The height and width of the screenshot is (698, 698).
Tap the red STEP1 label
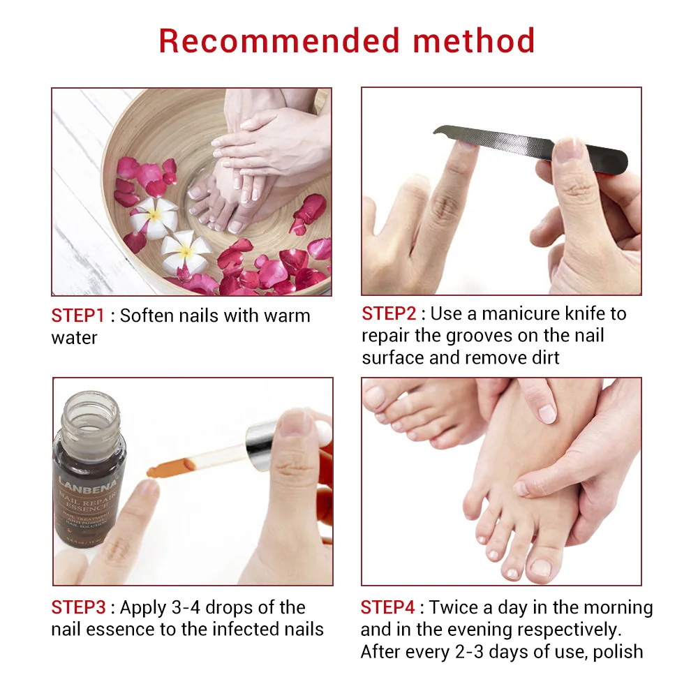pyautogui.click(x=77, y=315)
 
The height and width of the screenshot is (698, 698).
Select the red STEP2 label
pyautogui.click(x=388, y=313)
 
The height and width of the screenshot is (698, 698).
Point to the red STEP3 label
pyautogui.click(x=78, y=607)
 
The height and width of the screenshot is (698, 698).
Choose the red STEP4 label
pyautogui.click(x=387, y=607)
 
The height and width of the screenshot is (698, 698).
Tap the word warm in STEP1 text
pyautogui.click(x=287, y=315)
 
